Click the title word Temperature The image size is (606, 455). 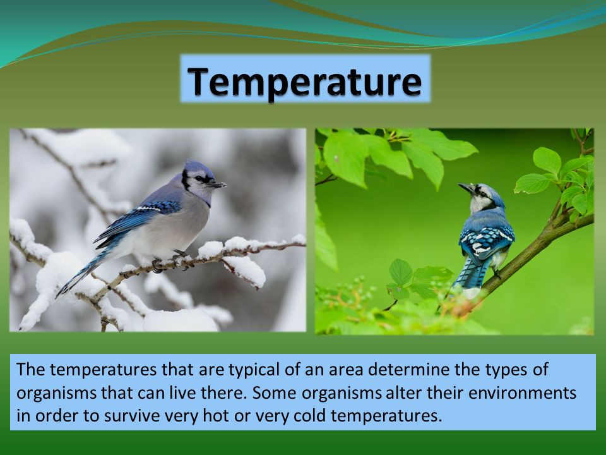coord(304,82)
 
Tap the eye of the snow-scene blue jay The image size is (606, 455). coord(200,178)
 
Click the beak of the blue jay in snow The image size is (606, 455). coord(217,185)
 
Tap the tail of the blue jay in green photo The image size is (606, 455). coord(468,275)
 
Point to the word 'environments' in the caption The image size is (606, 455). coord(522,392)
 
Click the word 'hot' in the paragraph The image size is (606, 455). coord(215,416)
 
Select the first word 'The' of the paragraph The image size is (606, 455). coord(30,369)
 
